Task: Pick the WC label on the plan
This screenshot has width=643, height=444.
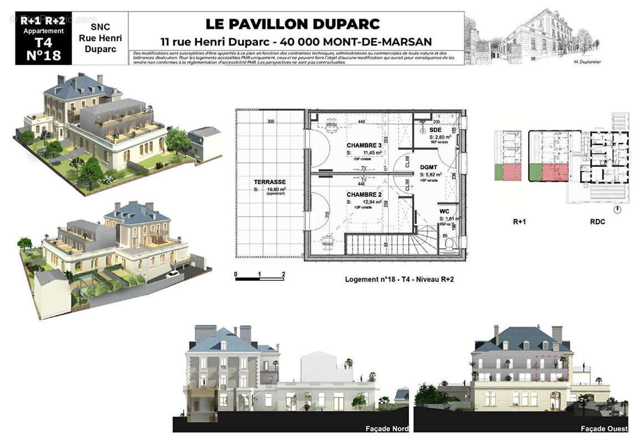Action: [444, 212]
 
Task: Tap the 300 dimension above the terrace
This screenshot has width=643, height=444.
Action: [271, 122]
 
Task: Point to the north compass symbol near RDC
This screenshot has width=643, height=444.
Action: [617, 210]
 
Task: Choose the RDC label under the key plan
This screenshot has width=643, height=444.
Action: [598, 221]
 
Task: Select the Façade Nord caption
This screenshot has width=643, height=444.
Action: [387, 428]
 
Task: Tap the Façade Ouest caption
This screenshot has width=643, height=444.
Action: [604, 428]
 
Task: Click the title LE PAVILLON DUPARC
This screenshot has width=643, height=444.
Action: [293, 24]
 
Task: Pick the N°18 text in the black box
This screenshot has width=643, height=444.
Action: [43, 56]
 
